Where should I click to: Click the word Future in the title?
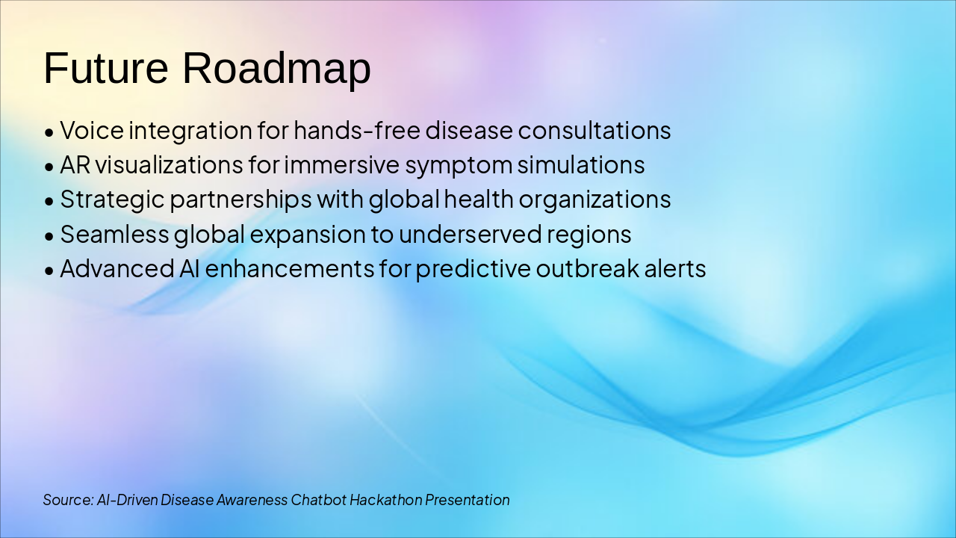click(x=106, y=68)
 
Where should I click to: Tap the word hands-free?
click(x=357, y=130)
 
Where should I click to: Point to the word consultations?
click(x=595, y=130)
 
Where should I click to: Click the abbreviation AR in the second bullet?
click(x=75, y=165)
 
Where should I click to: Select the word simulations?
click(x=581, y=165)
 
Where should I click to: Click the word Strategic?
click(x=112, y=200)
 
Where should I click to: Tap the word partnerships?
click(x=241, y=200)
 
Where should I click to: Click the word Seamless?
click(x=114, y=235)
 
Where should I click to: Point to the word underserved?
click(x=470, y=235)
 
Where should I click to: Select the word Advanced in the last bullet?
click(x=117, y=268)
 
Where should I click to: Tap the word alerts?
click(x=675, y=268)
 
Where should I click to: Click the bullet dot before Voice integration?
click(x=49, y=132)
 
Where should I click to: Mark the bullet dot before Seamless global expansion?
click(x=49, y=236)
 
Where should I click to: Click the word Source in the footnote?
click(x=68, y=500)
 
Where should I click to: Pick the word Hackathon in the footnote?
click(x=386, y=500)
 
